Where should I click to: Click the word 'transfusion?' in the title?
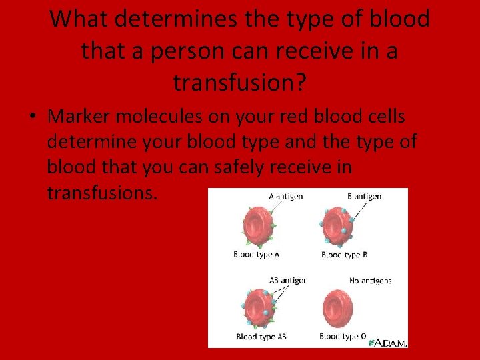pyautogui.click(x=240, y=82)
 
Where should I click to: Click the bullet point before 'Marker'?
pyautogui.click(x=31, y=117)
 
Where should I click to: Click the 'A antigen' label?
pyautogui.click(x=285, y=196)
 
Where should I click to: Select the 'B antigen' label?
pyautogui.click(x=364, y=196)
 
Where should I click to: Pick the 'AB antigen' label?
pyautogui.click(x=288, y=280)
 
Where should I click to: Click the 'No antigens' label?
pyautogui.click(x=370, y=281)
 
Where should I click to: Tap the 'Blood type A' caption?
pyautogui.click(x=256, y=254)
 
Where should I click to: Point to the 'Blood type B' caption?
pyautogui.click(x=344, y=255)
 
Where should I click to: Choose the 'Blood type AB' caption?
pyautogui.click(x=261, y=337)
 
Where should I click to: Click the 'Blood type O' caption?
pyautogui.click(x=343, y=337)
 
